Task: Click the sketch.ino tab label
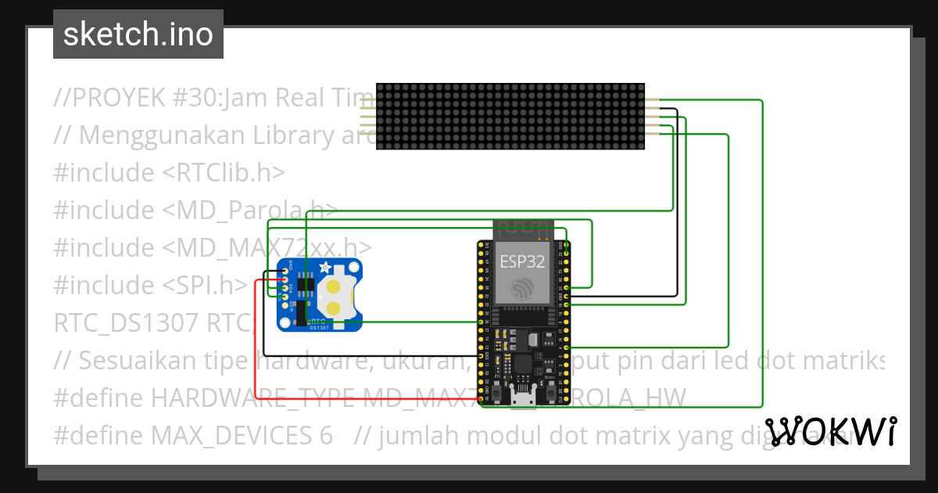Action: (x=138, y=34)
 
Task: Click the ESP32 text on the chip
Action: (x=523, y=261)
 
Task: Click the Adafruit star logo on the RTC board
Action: (x=326, y=268)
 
